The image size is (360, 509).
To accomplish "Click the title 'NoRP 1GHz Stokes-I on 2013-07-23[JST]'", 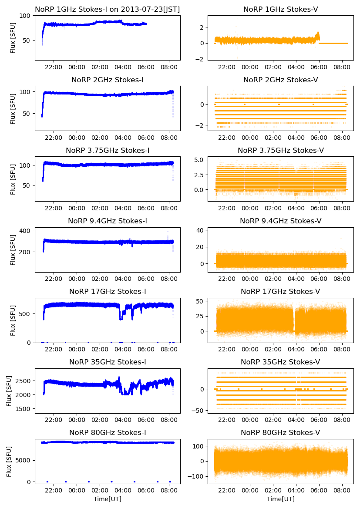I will [108, 9].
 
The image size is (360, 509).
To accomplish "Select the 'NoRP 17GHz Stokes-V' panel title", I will [280, 291].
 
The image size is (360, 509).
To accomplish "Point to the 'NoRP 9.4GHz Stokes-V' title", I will [280, 221].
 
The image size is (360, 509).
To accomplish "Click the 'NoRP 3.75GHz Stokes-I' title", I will [108, 150].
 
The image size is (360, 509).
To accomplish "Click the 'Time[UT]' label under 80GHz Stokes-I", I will [108, 499].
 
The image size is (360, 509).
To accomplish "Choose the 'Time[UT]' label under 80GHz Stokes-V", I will [280, 499].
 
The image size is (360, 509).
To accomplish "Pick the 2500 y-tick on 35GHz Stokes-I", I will [24, 381].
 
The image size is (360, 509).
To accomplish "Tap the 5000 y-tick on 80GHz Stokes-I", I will [24, 460].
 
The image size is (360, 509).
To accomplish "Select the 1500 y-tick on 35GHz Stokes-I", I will [24, 409].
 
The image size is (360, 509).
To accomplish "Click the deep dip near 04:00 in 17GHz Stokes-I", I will [121, 319].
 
